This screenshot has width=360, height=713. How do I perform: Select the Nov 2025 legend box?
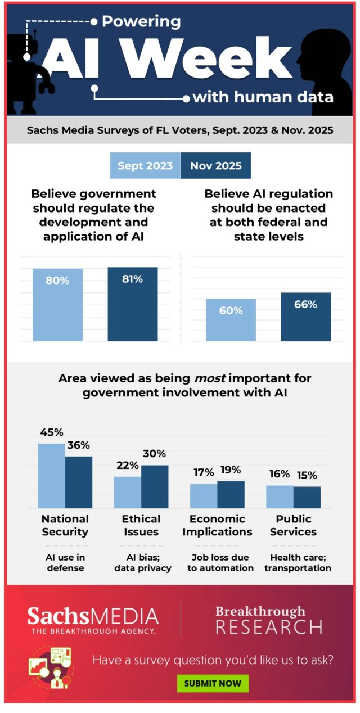coord(215,166)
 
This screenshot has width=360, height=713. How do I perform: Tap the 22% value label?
coord(127,466)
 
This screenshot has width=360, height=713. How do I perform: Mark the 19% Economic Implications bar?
coord(231,494)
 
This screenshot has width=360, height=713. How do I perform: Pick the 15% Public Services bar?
coord(307,497)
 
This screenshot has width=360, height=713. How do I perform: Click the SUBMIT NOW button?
coord(213,683)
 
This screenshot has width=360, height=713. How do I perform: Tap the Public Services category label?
coord(293,525)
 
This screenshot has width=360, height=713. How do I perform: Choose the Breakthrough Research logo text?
coord(269,619)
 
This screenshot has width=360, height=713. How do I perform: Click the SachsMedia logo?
coord(93,620)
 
